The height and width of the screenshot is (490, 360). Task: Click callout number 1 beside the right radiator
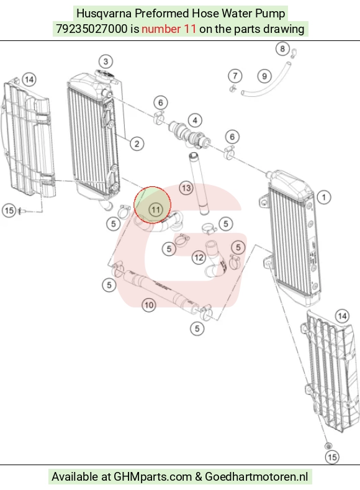pos(324,197)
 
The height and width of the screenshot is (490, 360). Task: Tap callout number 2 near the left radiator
pos(137,143)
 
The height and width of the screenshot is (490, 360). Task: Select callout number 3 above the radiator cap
pos(106,61)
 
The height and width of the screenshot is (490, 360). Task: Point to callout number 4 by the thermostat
pos(195,120)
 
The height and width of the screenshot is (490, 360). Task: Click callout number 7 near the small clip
pos(235,76)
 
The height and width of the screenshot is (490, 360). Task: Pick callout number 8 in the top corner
pos(282,48)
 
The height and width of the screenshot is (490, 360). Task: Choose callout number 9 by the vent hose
pos(264,76)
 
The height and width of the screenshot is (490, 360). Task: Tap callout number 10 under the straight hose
pos(149,305)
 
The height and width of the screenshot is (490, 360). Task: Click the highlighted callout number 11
pos(156,210)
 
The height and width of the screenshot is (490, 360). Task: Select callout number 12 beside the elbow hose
pos(199,258)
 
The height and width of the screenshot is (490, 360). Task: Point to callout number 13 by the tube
pos(186,188)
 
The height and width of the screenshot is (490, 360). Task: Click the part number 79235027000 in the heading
pos(92,29)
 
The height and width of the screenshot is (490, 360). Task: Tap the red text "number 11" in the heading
pos(169,29)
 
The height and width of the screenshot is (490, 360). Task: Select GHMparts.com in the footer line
pos(152,477)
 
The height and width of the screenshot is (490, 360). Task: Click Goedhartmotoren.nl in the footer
pos(256,477)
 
